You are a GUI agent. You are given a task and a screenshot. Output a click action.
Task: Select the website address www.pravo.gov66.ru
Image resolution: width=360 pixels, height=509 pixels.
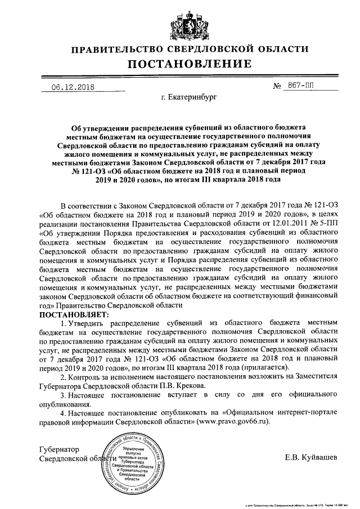(233, 421)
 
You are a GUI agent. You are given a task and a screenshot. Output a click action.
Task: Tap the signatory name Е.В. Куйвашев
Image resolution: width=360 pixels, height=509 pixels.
(311, 458)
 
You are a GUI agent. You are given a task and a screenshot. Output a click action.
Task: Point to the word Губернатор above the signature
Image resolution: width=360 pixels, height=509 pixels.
(60, 449)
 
